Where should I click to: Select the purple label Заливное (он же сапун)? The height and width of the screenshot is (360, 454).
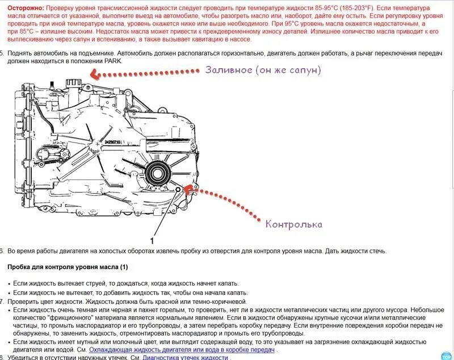(263, 70)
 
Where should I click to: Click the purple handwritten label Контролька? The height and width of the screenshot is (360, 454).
(293, 224)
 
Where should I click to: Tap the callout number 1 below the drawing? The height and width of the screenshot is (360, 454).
(152, 240)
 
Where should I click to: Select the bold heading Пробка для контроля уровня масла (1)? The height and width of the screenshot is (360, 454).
(68, 267)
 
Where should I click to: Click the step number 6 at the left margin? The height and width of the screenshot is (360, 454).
(2, 250)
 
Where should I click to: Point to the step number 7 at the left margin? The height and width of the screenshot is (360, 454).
(2, 301)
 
